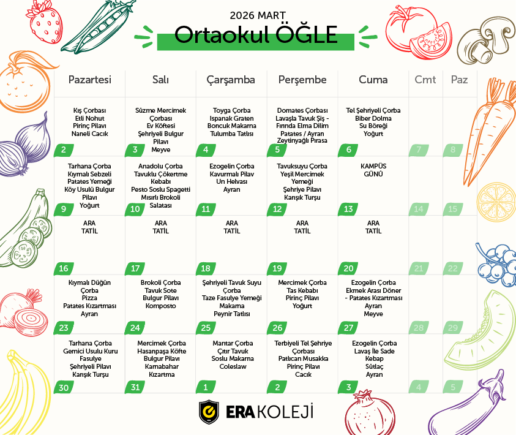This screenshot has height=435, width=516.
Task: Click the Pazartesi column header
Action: click(x=89, y=80)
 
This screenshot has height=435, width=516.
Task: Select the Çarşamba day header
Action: click(x=231, y=80)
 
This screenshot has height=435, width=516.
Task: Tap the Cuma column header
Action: click(x=373, y=80)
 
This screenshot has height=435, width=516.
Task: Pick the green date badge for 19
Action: click(x=277, y=268)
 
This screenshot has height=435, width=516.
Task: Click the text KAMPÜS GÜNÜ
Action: click(x=373, y=170)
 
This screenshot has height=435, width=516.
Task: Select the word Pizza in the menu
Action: click(x=89, y=298)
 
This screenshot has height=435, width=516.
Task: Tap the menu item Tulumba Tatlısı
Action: click(x=231, y=133)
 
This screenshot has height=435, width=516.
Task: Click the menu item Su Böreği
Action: click(x=373, y=126)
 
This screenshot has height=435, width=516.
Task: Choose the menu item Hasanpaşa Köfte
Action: click(x=160, y=351)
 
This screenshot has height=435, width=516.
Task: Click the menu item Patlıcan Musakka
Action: click(x=303, y=358)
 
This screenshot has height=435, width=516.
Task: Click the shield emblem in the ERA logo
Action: click(x=209, y=412)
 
